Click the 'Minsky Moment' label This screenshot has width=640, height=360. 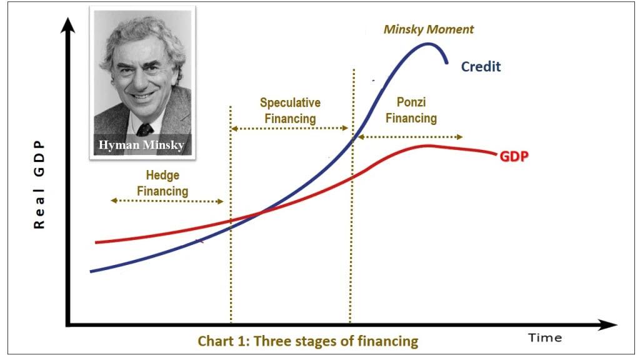click(x=429, y=30)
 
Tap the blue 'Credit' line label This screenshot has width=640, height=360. click(x=481, y=66)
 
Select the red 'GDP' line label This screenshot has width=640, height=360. click(x=514, y=156)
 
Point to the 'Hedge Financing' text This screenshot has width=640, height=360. click(x=162, y=183)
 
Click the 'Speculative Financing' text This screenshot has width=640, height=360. click(x=290, y=111)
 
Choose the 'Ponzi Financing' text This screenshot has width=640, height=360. click(x=411, y=110)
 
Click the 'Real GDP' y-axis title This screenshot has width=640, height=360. click(x=39, y=184)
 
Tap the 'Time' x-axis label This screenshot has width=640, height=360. click(x=545, y=337)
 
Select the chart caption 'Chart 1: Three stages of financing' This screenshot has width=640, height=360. click(x=307, y=341)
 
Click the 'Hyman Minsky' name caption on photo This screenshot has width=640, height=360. click(x=141, y=145)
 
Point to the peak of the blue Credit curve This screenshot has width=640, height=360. click(x=427, y=44)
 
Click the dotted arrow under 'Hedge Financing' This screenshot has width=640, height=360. click(x=167, y=201)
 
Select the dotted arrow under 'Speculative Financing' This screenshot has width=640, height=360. click(x=289, y=128)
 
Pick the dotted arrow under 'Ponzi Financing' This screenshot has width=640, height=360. click(x=410, y=137)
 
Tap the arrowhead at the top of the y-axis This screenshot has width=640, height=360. click(x=67, y=25)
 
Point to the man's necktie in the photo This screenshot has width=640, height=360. click(x=144, y=130)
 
